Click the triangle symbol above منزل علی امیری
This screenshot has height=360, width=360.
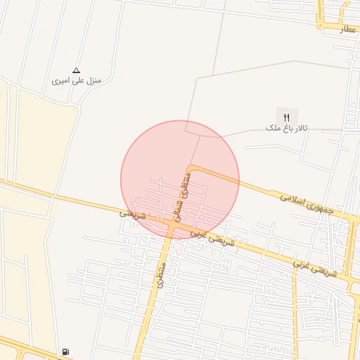click(77, 70)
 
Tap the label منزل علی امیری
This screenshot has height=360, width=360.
click(77, 82)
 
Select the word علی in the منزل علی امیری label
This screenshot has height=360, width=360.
click(75, 82)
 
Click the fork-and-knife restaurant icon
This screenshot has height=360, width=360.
click(286, 117)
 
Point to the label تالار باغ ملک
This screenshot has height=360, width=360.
click(287, 129)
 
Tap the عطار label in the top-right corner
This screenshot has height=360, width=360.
click(349, 30)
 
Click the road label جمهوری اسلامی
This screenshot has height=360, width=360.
click(310, 205)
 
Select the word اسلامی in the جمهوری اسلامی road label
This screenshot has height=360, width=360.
click(295, 200)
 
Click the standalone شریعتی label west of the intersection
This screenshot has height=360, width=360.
click(132, 213)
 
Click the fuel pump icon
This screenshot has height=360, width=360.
click(65, 352)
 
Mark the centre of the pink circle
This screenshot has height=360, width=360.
click(180, 180)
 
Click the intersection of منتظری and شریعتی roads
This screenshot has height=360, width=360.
click(171, 226)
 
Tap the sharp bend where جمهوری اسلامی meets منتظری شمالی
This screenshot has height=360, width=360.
click(191, 169)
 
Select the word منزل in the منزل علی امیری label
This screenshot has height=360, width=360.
click(92, 82)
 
